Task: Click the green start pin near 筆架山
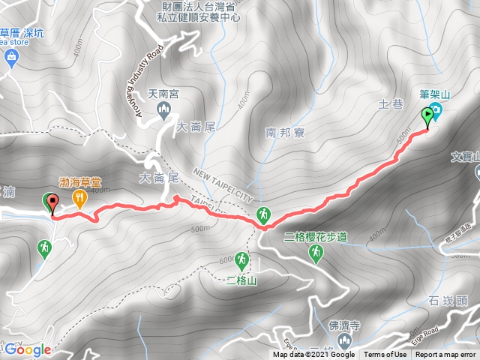point(429,117)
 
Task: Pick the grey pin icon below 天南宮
point(165,112)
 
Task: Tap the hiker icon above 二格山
point(241,260)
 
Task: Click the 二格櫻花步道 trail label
point(316,237)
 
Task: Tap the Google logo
point(27,349)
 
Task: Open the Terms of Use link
point(385,355)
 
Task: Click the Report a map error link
point(446,355)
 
